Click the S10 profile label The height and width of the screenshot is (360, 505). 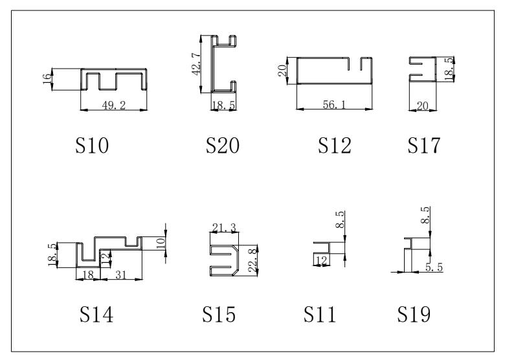click(92, 146)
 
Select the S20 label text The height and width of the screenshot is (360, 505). click(223, 146)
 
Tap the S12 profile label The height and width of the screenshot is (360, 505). click(335, 146)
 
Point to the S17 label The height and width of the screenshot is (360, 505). click(424, 146)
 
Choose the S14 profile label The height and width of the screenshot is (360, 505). click(96, 314)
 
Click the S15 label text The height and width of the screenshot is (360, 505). click(219, 314)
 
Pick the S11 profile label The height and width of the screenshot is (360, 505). click(320, 314)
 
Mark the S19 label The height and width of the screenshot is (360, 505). click(414, 314)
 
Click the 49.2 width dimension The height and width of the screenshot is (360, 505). click(114, 106)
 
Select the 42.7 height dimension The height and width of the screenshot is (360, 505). click(196, 64)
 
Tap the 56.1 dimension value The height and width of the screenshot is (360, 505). click(334, 104)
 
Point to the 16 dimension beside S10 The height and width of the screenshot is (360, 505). click(47, 79)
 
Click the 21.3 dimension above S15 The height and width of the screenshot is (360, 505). click(224, 228)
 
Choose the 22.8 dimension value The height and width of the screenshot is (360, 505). click(253, 260)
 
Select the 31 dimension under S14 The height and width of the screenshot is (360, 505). click(121, 275)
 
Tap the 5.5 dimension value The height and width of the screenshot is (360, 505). click(434, 267)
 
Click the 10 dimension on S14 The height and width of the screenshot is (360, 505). click(161, 243)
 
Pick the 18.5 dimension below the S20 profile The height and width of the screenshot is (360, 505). click(223, 106)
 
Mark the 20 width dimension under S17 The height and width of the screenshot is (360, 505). click(423, 106)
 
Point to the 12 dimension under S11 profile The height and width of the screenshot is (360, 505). click(322, 260)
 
